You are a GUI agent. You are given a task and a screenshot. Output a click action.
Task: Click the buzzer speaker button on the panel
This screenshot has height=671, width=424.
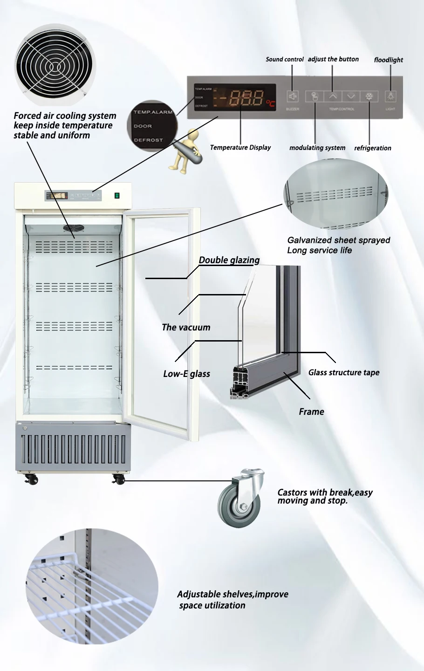pyautogui.click(x=293, y=96)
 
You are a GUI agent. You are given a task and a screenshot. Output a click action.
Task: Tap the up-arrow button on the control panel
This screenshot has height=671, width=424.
pyautogui.click(x=333, y=96)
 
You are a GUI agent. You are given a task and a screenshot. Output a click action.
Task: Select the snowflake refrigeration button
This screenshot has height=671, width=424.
pyautogui.click(x=369, y=96)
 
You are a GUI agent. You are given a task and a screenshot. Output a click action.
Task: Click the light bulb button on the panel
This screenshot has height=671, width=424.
pyautogui.click(x=390, y=96)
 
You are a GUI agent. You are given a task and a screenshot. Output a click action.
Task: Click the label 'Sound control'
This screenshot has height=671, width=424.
pyautogui.click(x=284, y=59)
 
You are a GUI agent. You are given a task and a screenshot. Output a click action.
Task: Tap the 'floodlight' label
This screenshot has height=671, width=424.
pyautogui.click(x=388, y=60)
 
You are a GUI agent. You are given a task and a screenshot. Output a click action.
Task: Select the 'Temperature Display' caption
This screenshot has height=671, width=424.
pyautogui.click(x=240, y=147)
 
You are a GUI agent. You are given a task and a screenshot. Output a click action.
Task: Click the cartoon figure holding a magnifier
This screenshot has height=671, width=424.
pyautogui.click(x=185, y=148)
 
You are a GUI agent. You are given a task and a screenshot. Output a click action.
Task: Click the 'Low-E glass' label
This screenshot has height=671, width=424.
pyautogui.click(x=186, y=374)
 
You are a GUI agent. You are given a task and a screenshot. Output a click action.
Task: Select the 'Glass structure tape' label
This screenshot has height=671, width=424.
pyautogui.click(x=343, y=372)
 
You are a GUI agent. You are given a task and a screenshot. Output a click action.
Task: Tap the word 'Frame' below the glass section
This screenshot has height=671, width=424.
pyautogui.click(x=311, y=411)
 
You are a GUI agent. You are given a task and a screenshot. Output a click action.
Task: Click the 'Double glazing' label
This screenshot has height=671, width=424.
pyautogui.click(x=229, y=260)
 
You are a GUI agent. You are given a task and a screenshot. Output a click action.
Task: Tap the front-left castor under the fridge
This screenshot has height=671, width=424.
pyautogui.click(x=32, y=479)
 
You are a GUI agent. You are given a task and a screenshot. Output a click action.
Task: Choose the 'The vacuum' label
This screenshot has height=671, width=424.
pyautogui.click(x=185, y=327)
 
